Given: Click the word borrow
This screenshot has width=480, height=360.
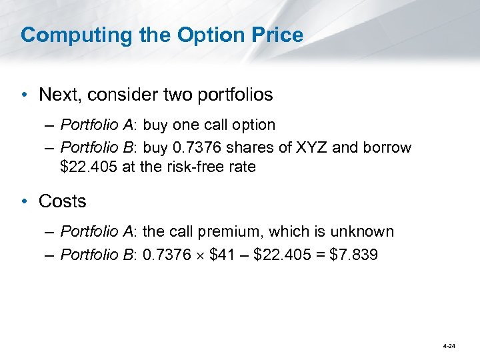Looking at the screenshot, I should click(x=387, y=147).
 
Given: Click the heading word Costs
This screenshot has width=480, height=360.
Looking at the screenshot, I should click(x=63, y=201).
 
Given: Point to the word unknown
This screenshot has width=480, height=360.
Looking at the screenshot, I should click(x=366, y=232).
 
